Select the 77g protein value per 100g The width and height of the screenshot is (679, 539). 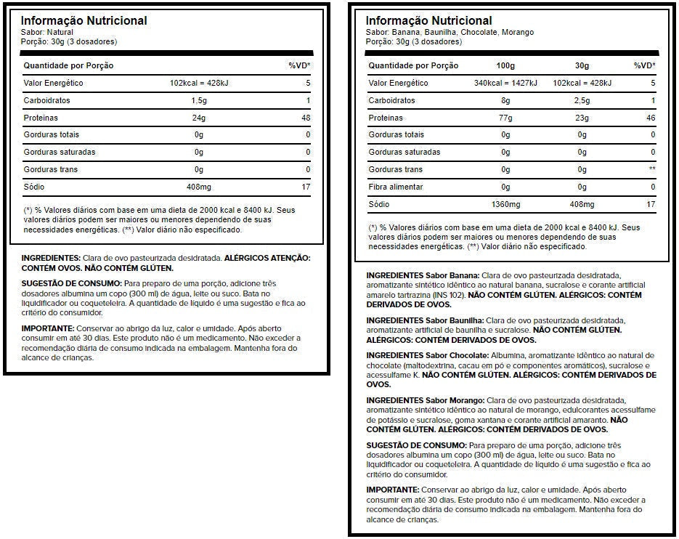coord(506,118)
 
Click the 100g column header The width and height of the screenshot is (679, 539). coord(506,65)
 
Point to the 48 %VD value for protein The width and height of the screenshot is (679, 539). coord(306,118)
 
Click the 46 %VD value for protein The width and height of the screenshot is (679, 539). coord(651,118)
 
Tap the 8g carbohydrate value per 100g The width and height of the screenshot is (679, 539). coord(506,100)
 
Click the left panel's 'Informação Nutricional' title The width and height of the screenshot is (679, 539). coord(84,20)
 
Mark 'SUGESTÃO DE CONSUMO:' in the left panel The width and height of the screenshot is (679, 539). coord(71,283)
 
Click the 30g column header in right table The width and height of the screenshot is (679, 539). coord(582,65)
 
